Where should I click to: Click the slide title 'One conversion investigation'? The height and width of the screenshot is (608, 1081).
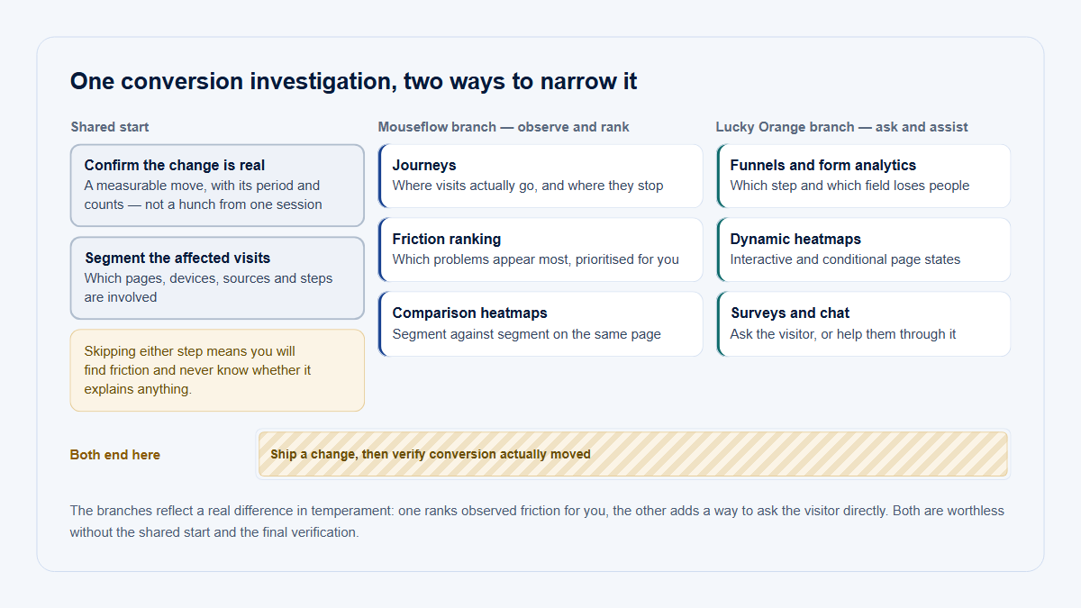click(353, 81)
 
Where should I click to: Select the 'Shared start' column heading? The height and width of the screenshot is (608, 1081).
click(110, 127)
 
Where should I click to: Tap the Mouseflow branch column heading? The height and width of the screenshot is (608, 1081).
click(503, 127)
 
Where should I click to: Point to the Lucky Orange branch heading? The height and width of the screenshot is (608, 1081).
click(841, 127)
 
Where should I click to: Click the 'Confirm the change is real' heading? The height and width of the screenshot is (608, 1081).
click(174, 165)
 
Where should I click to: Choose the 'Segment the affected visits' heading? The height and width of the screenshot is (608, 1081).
click(177, 258)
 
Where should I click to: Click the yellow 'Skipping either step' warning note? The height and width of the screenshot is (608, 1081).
click(217, 370)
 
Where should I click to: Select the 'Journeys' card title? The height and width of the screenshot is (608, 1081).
click(423, 165)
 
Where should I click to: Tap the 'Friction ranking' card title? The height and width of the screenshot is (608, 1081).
click(447, 239)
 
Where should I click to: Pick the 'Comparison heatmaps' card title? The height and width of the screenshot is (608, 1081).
click(469, 313)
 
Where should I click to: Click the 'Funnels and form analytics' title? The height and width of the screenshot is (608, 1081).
click(822, 165)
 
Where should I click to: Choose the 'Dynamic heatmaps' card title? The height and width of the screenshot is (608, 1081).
click(795, 239)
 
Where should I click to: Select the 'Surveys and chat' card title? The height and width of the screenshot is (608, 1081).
click(790, 313)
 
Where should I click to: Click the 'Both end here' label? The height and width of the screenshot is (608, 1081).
click(115, 455)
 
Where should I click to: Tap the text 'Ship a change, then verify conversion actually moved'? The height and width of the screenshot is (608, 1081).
click(431, 454)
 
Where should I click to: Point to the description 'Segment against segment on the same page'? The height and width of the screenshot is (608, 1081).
click(526, 334)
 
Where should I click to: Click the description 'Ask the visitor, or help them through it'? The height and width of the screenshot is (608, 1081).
click(842, 334)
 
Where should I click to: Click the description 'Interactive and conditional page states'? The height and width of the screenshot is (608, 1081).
click(845, 259)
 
